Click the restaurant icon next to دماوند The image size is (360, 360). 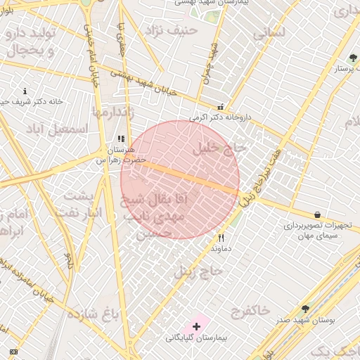coord(221,238)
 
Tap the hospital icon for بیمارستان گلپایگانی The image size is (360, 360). coord(197,326)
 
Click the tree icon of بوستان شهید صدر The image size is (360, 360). coord(305,309)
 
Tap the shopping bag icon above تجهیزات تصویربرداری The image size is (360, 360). coord(317,214)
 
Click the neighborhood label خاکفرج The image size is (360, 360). coord(250,309)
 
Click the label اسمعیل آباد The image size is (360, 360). coord(67,129)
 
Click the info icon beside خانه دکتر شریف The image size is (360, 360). coord(25,91)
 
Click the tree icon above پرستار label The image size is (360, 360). coord(352,58)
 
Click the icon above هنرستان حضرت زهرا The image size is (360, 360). coord(121,139)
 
